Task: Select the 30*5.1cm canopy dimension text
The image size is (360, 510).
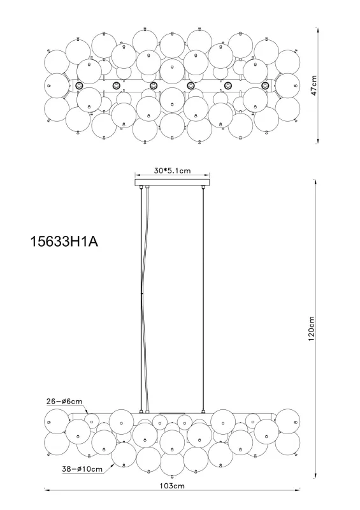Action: (x=173, y=171)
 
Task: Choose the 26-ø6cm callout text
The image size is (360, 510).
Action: (x=64, y=402)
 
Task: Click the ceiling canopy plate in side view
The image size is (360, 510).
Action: (x=173, y=183)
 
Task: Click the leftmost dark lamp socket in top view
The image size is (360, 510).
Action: (x=79, y=86)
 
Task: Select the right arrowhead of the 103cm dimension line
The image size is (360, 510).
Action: (x=299, y=491)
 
